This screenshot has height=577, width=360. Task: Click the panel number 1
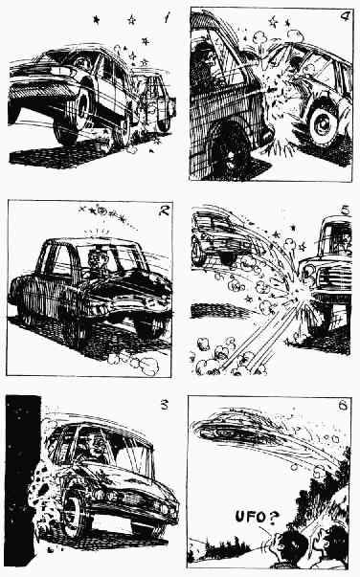pyautogui.click(x=167, y=17)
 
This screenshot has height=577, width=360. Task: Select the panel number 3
pyautogui.click(x=164, y=405)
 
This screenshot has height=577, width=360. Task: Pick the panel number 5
pyautogui.click(x=345, y=211)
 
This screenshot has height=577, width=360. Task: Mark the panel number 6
pyautogui.click(x=343, y=406)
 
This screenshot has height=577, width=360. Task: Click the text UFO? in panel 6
pyautogui.click(x=257, y=517)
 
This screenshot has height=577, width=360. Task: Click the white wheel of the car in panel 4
pyautogui.click(x=324, y=122)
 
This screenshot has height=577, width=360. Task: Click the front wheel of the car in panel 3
pyautogui.click(x=76, y=513)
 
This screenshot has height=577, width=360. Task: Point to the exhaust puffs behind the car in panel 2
pyautogui.click(x=134, y=363)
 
